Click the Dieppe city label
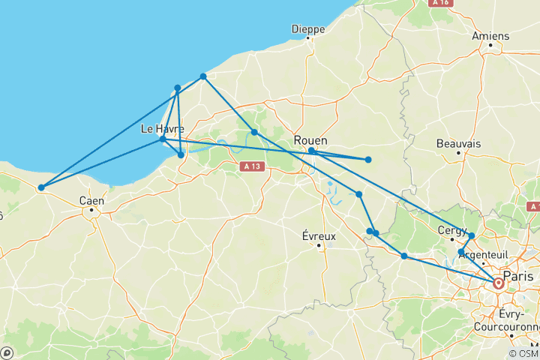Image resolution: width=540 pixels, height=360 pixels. [308, 29]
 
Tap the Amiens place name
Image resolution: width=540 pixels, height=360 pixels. [491, 35]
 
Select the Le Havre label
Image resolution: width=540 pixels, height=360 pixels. [162, 129]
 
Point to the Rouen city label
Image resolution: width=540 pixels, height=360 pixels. [310, 140]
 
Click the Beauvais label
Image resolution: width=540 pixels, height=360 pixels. [458, 142]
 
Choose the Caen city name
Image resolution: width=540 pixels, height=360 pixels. [91, 200]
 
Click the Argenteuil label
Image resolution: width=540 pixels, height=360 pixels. [483, 254]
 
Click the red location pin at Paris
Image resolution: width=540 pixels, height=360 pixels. [498, 283]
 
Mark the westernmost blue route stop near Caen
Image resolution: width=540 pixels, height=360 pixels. [41, 187]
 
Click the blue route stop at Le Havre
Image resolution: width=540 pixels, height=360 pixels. [163, 139]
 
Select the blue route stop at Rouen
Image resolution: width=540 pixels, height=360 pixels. [311, 151]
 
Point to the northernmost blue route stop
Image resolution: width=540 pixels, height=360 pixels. [203, 76]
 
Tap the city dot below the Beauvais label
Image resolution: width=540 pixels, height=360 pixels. [458, 152]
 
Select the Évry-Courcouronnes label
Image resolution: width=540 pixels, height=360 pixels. [507, 322]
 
